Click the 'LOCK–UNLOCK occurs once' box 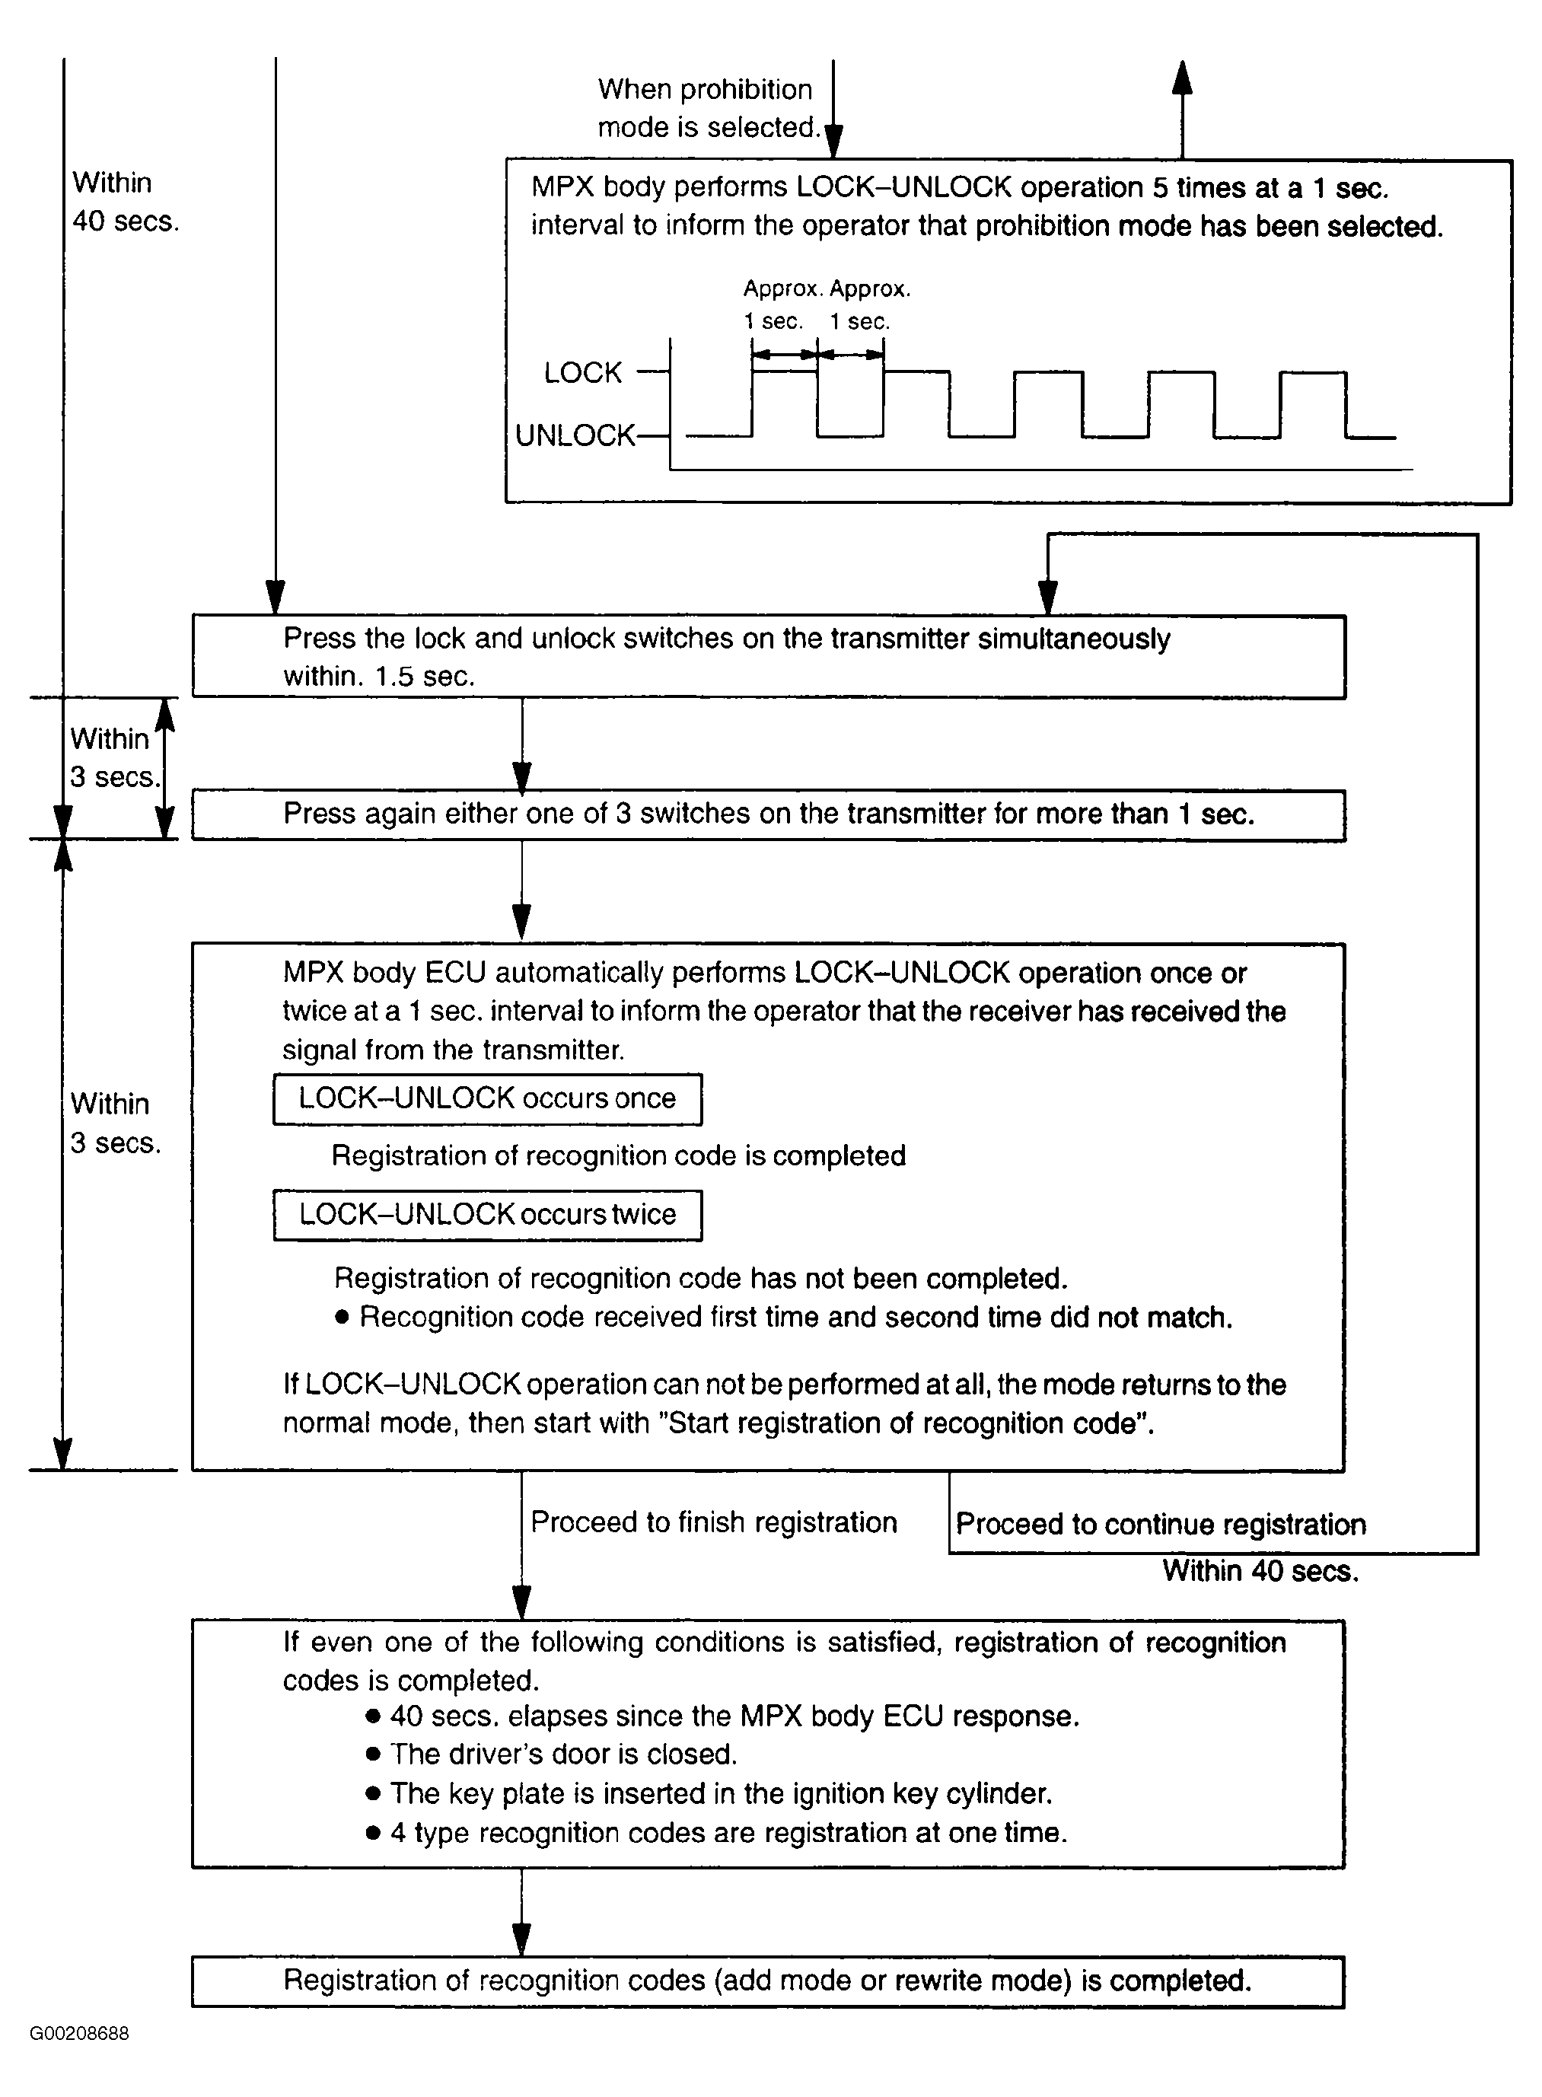pos(487,1098)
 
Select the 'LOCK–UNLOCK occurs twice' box pos(487,1214)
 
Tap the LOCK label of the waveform pos(582,373)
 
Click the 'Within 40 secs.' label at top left pos(125,202)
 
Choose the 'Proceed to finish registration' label pos(714,1522)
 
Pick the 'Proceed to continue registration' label pos(1160,1524)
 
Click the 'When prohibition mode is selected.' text pos(709,108)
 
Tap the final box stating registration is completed pos(767,1981)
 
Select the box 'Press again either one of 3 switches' pos(768,814)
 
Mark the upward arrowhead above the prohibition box pos(1182,78)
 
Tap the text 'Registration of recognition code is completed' pos(619,1155)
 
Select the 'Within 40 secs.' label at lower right pos(1260,1570)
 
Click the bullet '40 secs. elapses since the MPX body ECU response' pos(734,1716)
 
